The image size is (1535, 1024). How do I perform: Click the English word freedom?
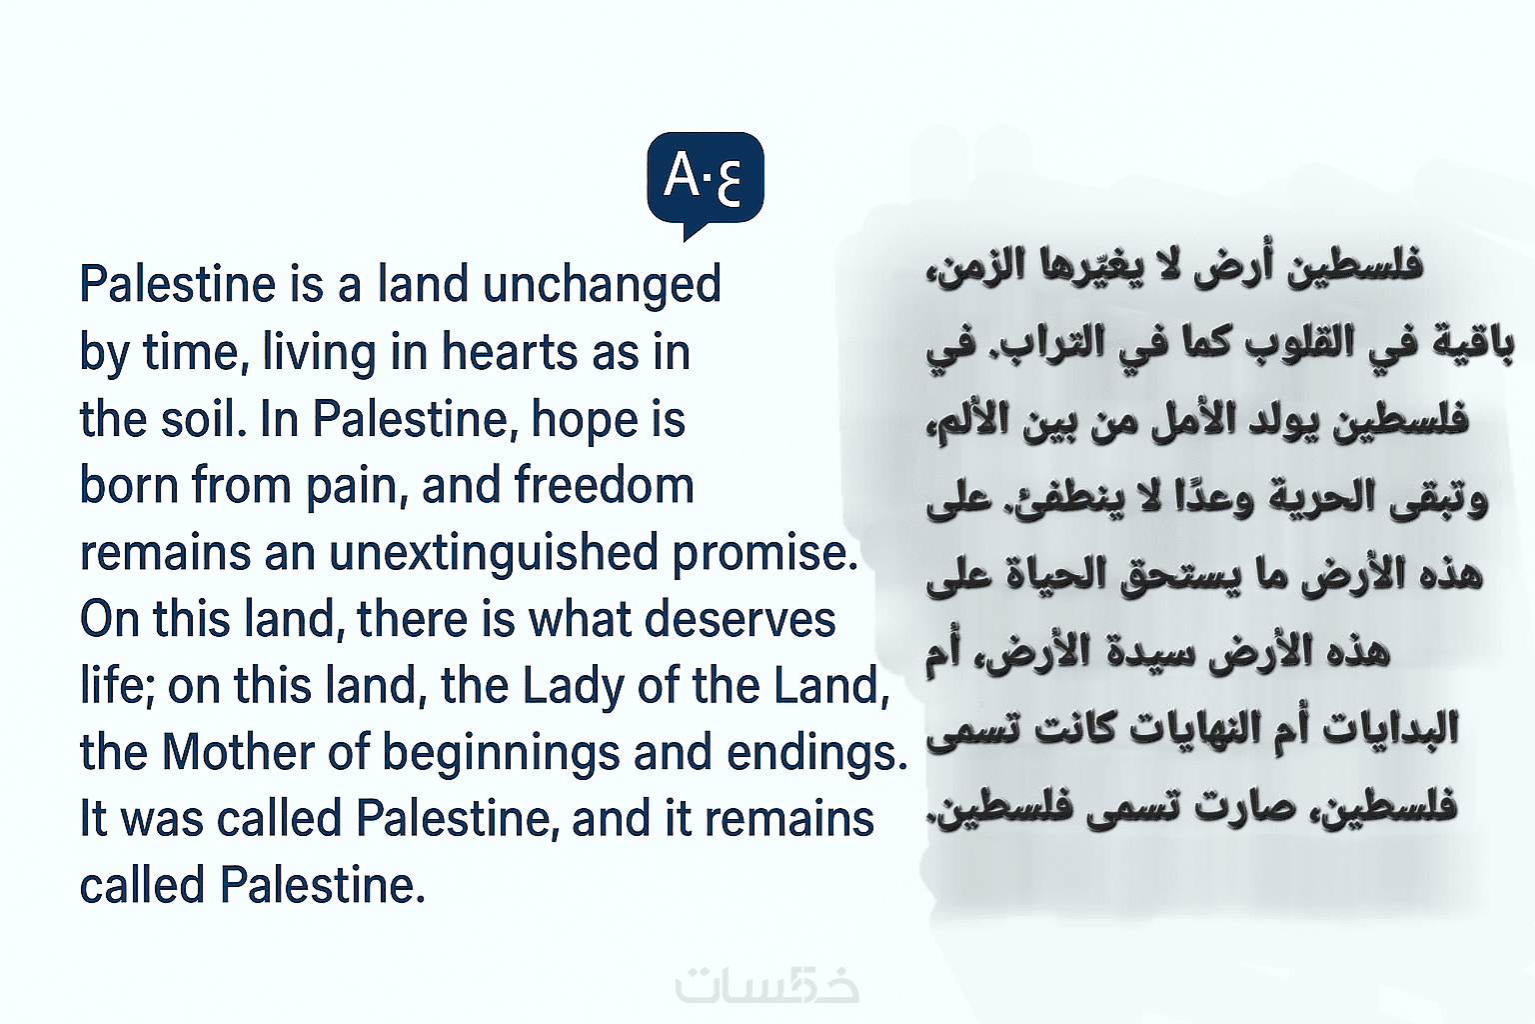coord(604,484)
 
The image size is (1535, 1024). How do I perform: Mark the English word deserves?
coord(741,618)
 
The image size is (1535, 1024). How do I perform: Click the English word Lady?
coord(573,687)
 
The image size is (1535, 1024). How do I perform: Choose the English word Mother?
coord(239,751)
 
